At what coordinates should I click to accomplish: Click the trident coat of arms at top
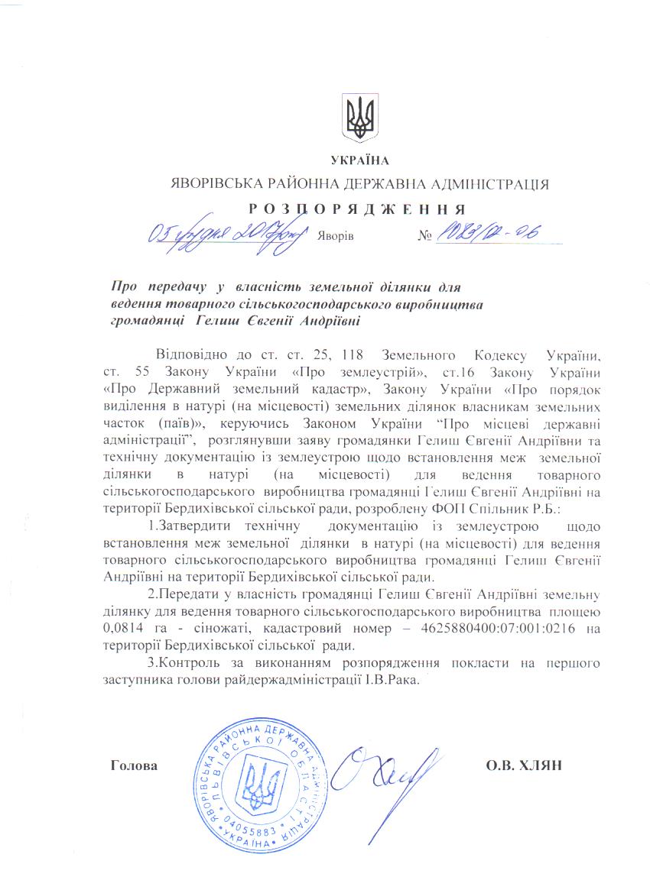coord(359,118)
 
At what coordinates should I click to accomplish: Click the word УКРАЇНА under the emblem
coord(359,160)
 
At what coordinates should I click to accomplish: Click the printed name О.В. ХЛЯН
coord(524,765)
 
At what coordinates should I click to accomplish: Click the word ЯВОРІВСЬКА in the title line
coord(211,184)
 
